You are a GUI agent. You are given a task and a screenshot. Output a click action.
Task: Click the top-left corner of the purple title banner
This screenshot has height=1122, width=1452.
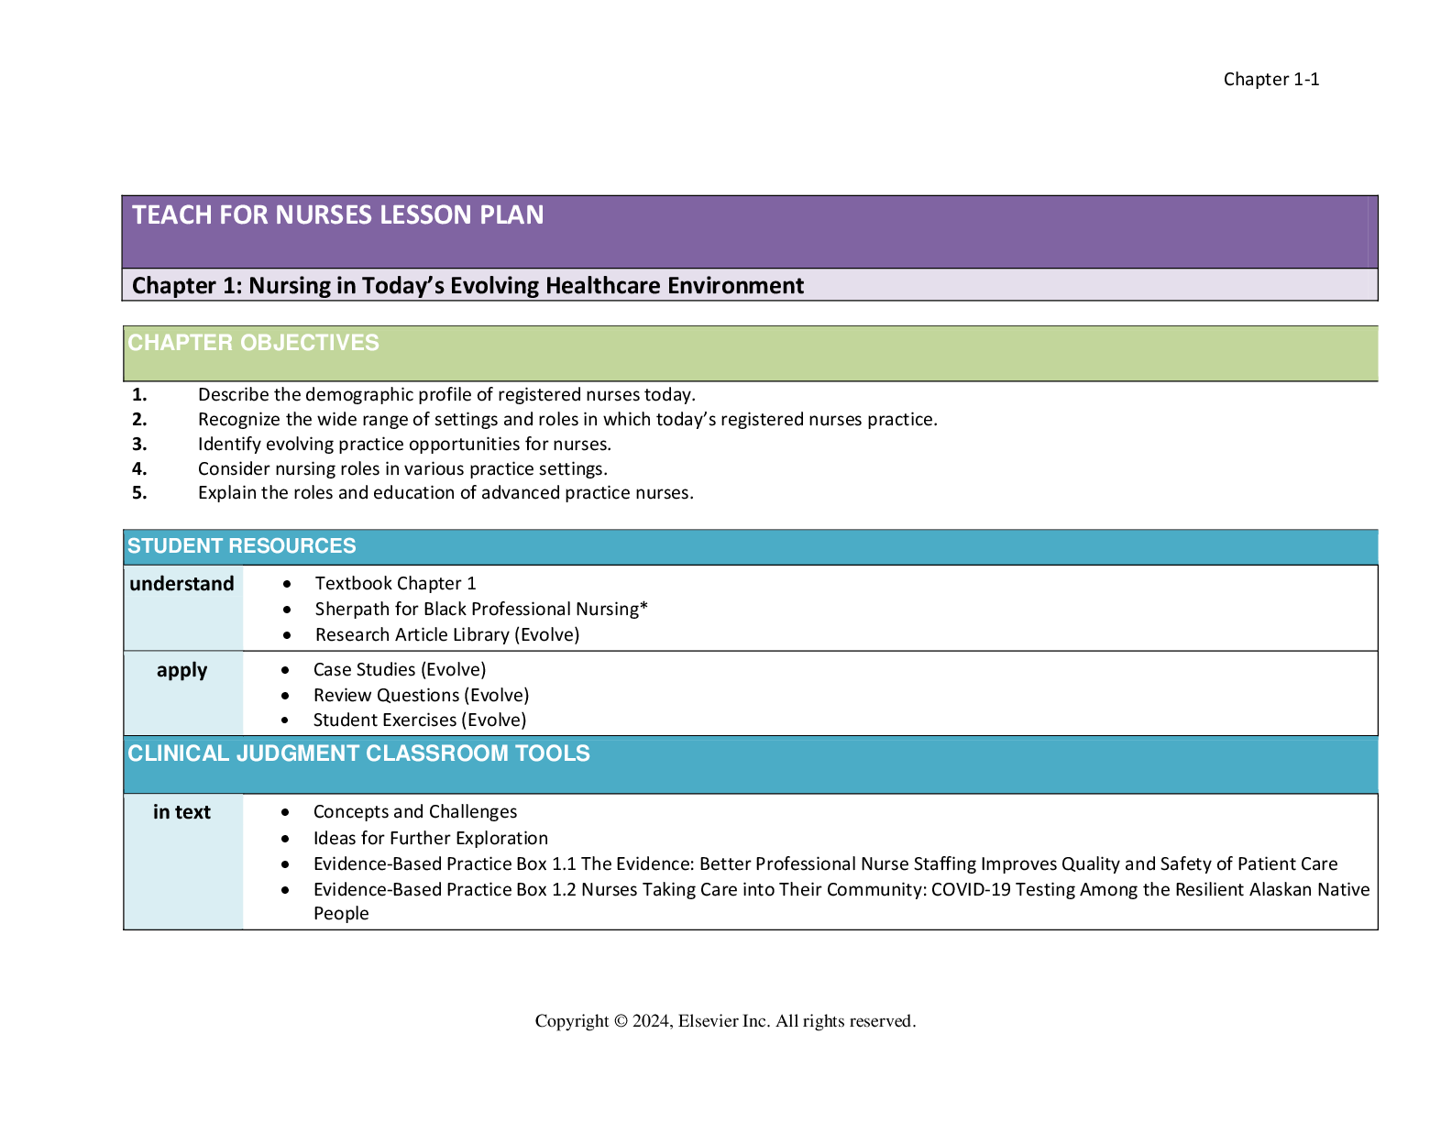(122, 196)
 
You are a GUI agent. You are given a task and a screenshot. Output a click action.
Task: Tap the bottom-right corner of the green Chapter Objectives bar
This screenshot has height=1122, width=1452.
(1378, 381)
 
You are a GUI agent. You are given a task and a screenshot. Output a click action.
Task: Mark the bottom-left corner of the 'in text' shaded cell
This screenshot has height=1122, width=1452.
(124, 929)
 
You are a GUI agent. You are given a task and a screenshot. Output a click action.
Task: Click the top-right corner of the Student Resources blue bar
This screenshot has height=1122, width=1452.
(1378, 530)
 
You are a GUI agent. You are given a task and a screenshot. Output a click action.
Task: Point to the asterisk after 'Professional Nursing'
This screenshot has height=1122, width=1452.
(643, 606)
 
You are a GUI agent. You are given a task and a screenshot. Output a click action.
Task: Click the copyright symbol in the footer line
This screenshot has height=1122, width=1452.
(621, 1021)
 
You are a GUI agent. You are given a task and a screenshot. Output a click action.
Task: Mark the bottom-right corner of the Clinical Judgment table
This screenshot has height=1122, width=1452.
(1378, 929)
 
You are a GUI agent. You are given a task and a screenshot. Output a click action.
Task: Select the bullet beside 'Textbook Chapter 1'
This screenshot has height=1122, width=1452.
(287, 584)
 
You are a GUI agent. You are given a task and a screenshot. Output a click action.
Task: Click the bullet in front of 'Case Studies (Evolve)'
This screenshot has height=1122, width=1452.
(285, 670)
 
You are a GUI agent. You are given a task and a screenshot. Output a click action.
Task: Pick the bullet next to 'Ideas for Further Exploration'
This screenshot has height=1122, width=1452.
(285, 839)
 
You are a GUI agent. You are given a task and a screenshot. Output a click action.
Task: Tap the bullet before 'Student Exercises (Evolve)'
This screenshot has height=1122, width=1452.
(285, 720)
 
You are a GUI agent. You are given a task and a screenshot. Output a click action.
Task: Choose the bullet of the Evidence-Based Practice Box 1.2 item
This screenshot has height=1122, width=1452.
(285, 890)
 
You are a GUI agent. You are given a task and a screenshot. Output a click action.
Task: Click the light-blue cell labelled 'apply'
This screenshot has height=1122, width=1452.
(183, 694)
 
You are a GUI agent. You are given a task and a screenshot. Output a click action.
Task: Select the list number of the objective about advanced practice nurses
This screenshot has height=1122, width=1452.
(139, 493)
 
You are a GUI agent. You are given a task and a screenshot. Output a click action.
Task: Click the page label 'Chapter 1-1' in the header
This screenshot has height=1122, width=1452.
(1270, 80)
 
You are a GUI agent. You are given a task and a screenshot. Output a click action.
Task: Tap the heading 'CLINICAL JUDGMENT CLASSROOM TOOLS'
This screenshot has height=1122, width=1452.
(358, 753)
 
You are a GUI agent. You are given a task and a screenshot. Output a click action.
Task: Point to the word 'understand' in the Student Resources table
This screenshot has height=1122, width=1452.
(181, 583)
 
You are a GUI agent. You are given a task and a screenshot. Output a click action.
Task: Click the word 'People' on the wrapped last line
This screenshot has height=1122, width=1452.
(341, 914)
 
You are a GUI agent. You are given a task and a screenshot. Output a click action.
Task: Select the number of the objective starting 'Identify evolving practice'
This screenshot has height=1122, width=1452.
(139, 444)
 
